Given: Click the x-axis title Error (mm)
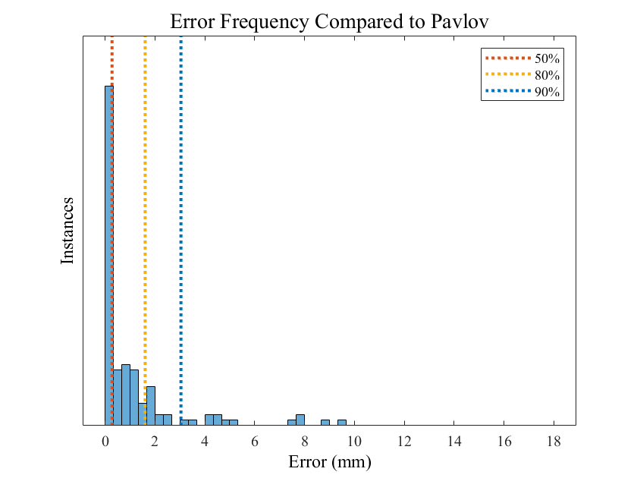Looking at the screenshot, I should [x=329, y=461].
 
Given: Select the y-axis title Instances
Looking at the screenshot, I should [x=67, y=230].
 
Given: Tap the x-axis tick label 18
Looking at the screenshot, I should [x=553, y=441].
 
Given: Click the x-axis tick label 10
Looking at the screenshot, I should [x=354, y=441].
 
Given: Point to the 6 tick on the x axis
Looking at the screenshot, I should [x=255, y=441].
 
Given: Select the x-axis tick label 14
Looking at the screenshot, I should [x=453, y=441].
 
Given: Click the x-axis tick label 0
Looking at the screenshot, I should [x=105, y=441].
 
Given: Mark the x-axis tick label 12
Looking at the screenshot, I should [x=404, y=441].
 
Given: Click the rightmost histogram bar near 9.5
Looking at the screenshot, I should [x=341, y=422].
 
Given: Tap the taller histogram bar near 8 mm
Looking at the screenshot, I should [x=300, y=420].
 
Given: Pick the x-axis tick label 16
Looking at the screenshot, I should [x=504, y=441].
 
